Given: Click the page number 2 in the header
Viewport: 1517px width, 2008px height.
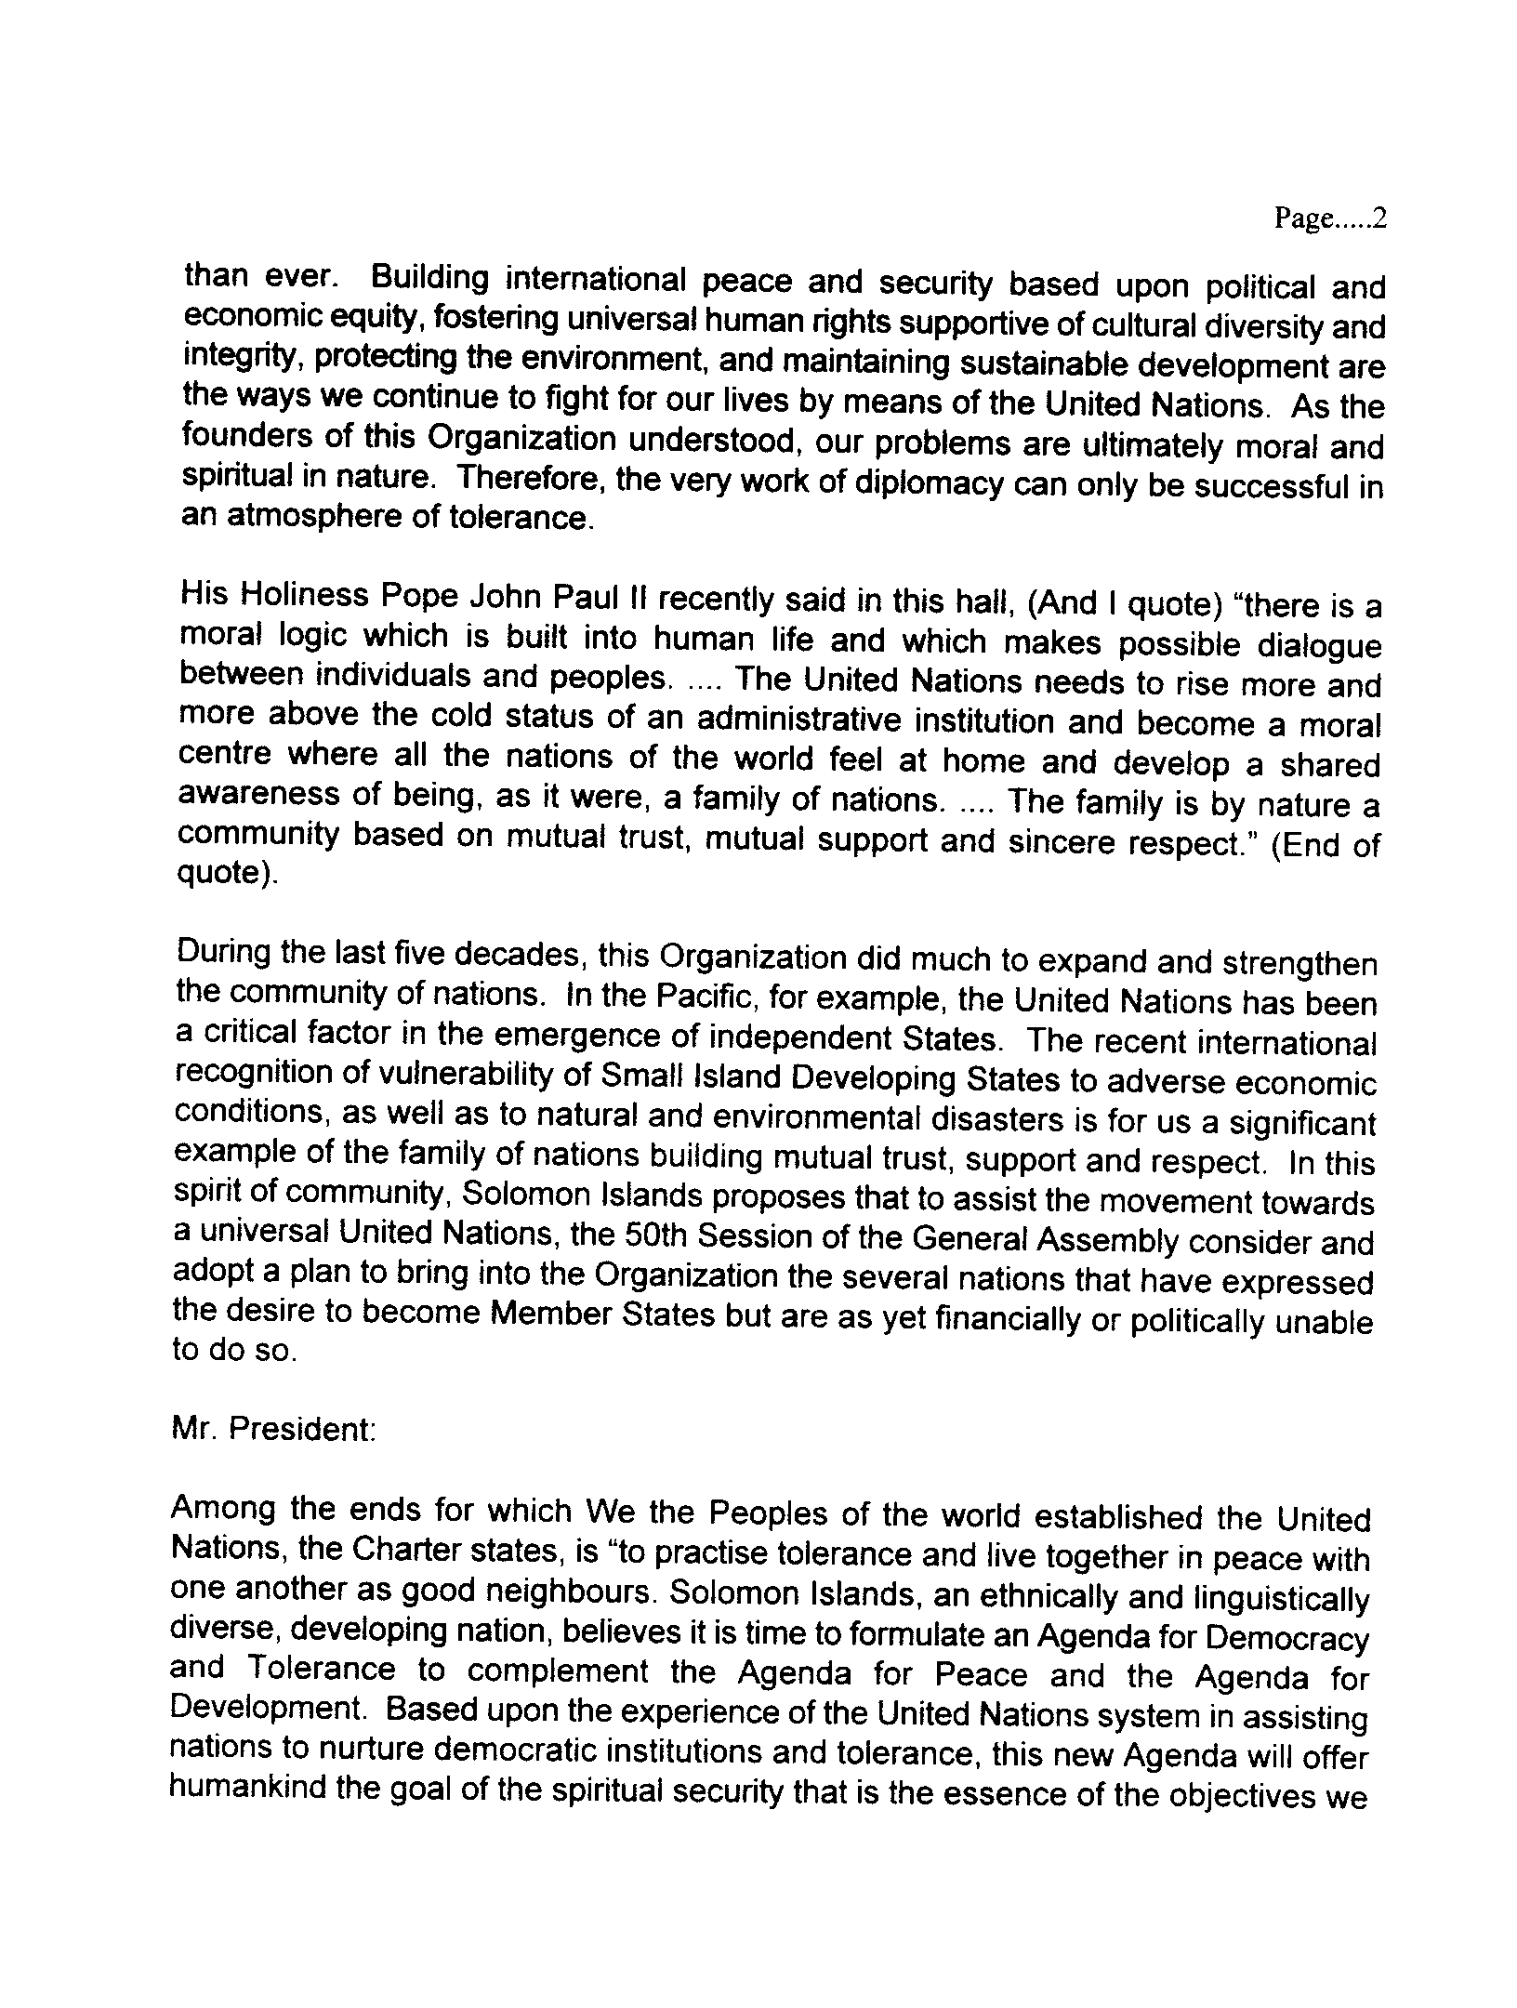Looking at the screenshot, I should pyautogui.click(x=1379, y=219).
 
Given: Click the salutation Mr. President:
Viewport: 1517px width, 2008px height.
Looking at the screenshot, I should pyautogui.click(x=273, y=1429).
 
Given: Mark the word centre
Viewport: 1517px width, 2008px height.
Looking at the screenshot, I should pyautogui.click(x=223, y=754).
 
